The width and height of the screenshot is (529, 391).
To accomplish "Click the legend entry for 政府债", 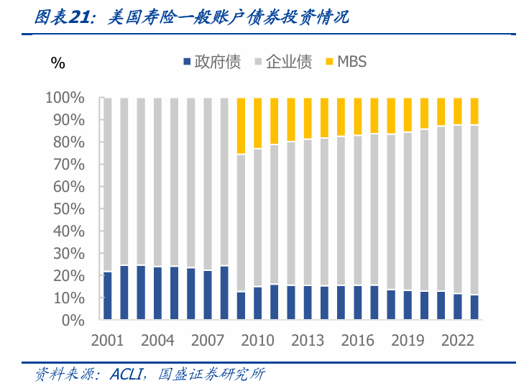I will (212, 62).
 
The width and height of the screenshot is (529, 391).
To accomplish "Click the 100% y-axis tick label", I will (66, 98).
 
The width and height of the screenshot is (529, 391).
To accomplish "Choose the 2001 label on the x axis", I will (108, 340).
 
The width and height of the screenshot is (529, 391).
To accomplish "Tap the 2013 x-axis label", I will (308, 340).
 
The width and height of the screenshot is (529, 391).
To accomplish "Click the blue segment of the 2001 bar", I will (108, 295).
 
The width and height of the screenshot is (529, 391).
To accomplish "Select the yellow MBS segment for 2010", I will (257, 123).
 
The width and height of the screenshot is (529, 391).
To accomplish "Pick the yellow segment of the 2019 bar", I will (408, 115).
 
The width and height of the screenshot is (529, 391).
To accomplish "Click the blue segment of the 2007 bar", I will (208, 295).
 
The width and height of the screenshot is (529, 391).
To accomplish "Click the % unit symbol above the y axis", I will (57, 63).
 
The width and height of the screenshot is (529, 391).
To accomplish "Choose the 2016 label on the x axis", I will (357, 340).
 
